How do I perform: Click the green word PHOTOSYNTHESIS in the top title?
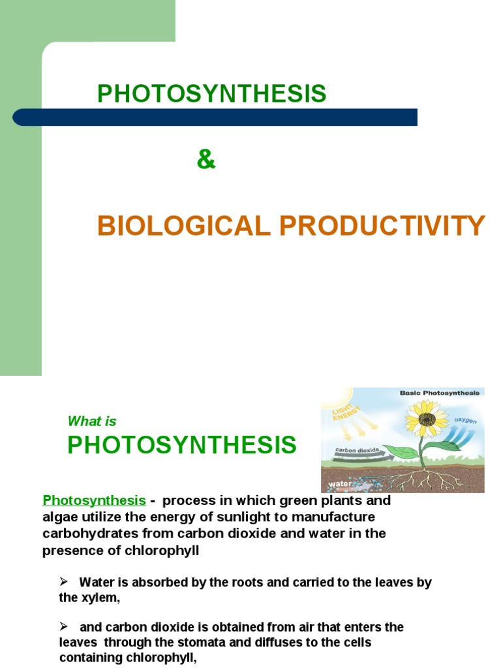[211, 94]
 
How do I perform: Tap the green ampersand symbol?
[205, 160]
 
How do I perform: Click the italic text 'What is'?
[92, 421]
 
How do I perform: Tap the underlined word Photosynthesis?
[94, 500]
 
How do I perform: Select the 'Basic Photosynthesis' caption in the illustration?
[439, 393]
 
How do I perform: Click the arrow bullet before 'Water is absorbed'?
[64, 582]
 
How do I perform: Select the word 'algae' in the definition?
[59, 517]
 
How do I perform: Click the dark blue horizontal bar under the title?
[215, 117]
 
